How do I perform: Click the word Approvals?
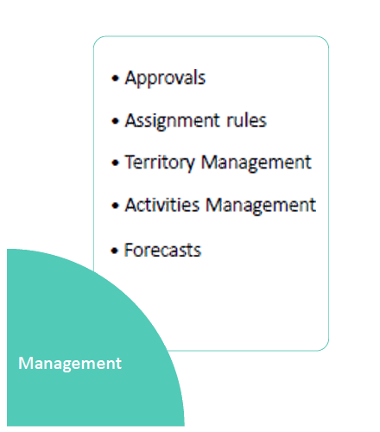click(165, 78)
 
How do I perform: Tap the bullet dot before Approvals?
click(115, 78)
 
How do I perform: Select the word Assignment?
click(172, 121)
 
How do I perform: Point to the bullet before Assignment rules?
click(115, 121)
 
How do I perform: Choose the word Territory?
click(160, 162)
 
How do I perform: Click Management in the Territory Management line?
click(256, 162)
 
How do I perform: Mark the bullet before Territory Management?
click(115, 163)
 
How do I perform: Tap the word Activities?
click(162, 205)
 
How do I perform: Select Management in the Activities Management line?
click(261, 206)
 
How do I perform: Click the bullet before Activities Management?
click(115, 206)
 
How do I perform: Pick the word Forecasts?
click(162, 250)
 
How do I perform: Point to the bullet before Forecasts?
click(115, 251)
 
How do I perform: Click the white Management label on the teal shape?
click(70, 364)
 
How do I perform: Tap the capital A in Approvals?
click(130, 78)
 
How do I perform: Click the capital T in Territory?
click(130, 162)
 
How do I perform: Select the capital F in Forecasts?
click(129, 250)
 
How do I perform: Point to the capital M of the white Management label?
click(25, 363)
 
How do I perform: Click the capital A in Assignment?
click(130, 120)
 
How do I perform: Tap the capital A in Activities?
click(130, 205)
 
